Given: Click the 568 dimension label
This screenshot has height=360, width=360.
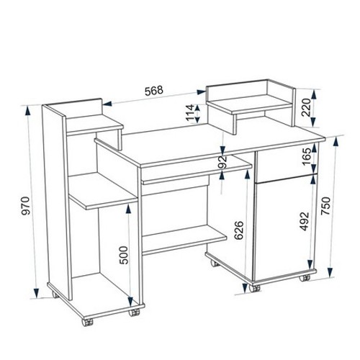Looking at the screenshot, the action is [154, 91].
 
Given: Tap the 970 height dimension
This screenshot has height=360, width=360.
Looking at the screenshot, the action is [25, 206].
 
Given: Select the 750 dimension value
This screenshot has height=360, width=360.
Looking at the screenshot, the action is [326, 206].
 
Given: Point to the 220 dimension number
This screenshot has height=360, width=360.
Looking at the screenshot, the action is [306, 107].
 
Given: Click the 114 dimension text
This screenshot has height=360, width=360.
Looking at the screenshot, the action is [189, 112].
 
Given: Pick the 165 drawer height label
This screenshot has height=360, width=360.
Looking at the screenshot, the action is [307, 156].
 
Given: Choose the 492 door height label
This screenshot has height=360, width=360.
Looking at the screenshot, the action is [305, 221].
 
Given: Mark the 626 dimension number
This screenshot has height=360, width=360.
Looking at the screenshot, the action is [239, 230].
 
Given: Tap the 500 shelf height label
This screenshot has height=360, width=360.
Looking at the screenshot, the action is [124, 255].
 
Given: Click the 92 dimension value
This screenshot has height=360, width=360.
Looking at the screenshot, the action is [222, 162].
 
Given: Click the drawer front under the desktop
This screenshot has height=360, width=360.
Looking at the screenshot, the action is [286, 162].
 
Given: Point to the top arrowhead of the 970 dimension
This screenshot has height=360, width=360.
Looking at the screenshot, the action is [28, 111].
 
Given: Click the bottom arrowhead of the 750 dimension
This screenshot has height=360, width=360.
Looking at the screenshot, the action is [330, 271].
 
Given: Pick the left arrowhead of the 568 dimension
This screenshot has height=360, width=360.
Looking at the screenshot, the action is [108, 104].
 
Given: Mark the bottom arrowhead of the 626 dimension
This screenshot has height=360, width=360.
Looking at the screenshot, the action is [245, 289].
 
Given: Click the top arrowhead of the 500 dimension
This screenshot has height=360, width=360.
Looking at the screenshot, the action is [128, 210].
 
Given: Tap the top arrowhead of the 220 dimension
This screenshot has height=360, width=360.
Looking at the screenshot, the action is [314, 94].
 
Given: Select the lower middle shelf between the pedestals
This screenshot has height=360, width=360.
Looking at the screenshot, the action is [184, 240].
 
